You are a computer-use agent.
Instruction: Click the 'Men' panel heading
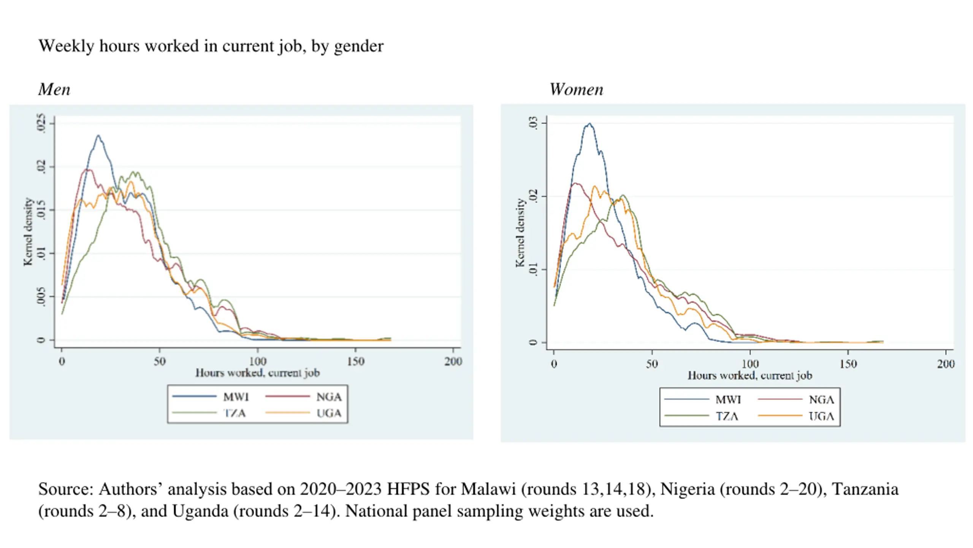coord(54,90)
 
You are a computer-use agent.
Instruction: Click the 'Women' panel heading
coord(576,90)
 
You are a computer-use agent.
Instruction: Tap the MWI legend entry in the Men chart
coord(236,397)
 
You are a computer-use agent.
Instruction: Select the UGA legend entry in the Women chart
coord(821,416)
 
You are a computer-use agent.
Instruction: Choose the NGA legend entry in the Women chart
coord(821,400)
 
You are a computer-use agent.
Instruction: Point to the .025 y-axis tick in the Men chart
coord(41,123)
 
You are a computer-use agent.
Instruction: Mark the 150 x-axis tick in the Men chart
coord(355,361)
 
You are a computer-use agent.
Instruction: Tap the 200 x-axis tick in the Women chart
coord(946,364)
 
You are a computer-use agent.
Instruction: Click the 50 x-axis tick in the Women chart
coord(652,364)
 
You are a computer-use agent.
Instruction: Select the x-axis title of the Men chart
coord(257,373)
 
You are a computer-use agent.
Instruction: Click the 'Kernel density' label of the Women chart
coord(520,233)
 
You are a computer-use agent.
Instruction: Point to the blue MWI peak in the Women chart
coord(590,123)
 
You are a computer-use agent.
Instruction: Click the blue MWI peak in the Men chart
coord(98,135)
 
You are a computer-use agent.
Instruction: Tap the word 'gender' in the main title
coord(359,46)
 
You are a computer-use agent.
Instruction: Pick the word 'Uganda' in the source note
coord(200,511)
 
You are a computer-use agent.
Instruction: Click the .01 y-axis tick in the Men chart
coord(41,253)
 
